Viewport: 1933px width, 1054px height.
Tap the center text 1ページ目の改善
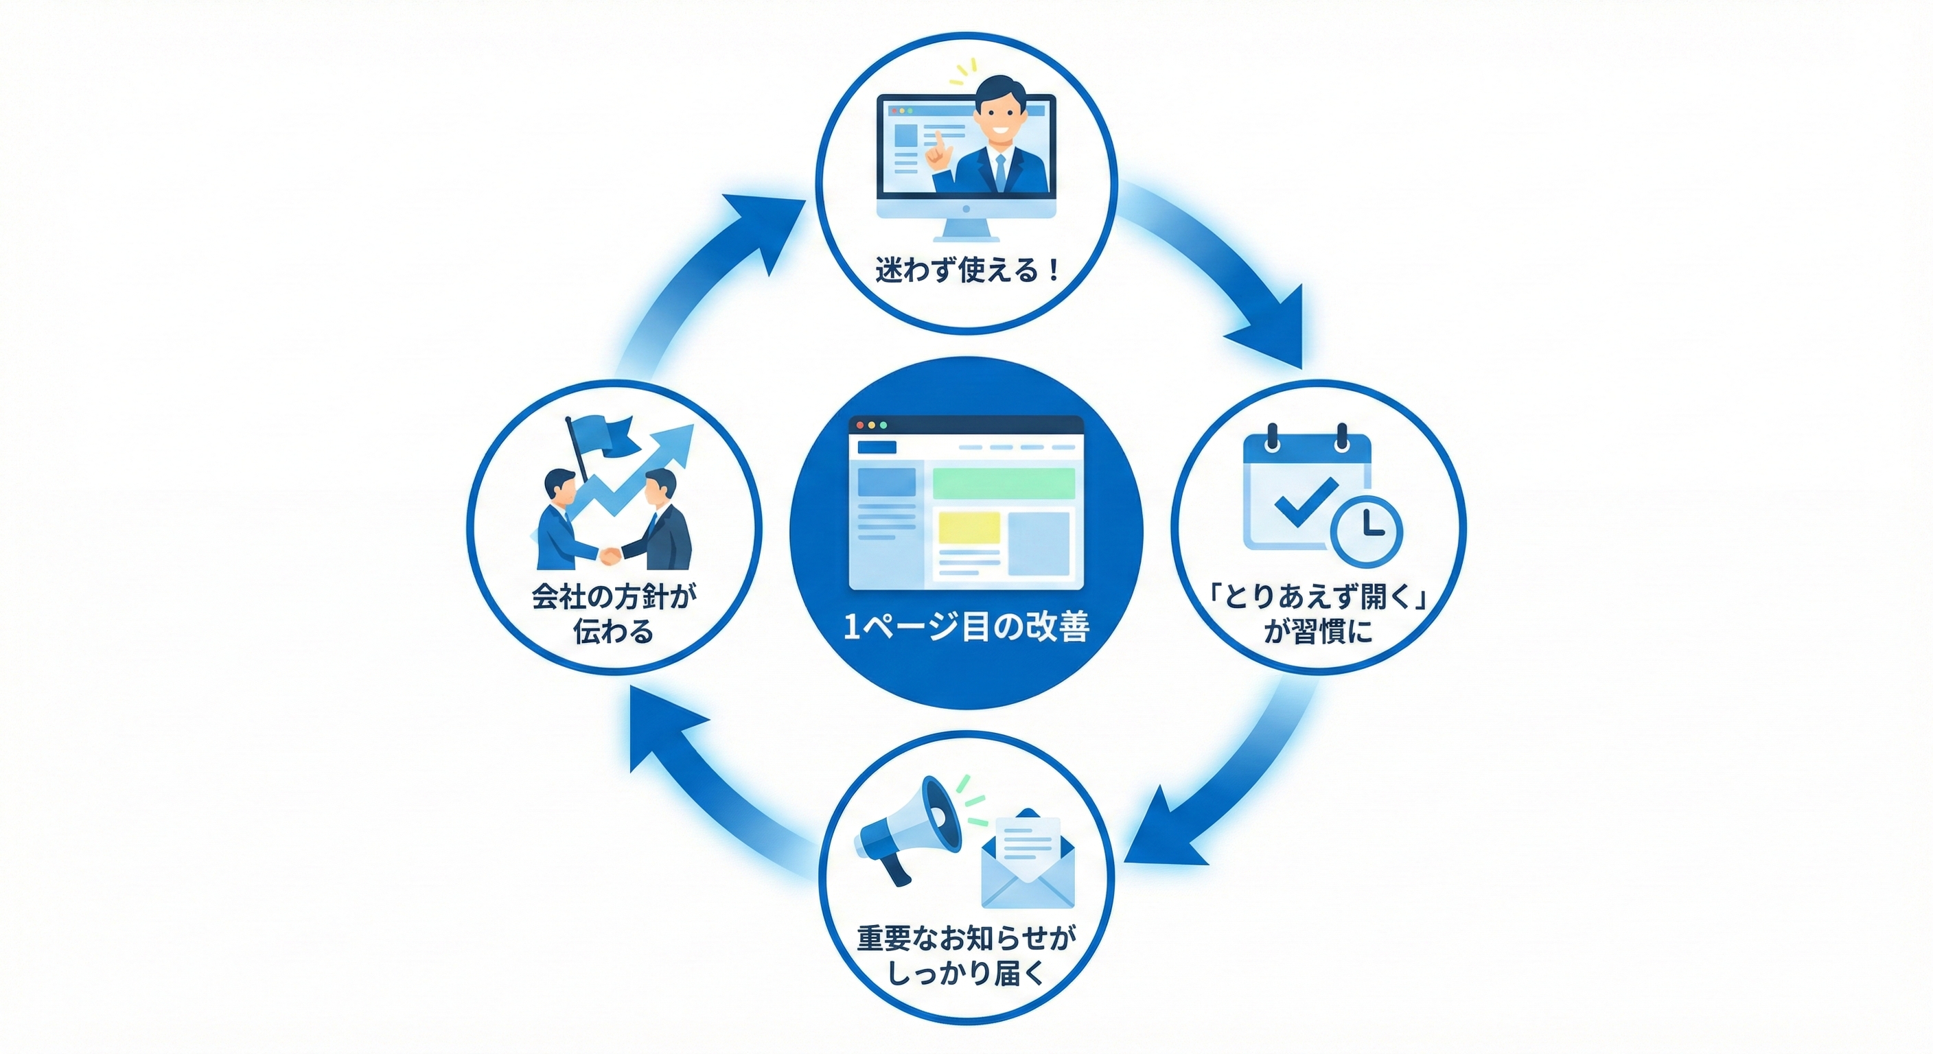click(x=966, y=627)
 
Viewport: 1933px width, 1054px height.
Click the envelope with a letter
click(x=1028, y=863)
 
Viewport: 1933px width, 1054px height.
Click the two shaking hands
click(x=610, y=556)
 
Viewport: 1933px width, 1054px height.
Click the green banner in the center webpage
click(x=1004, y=483)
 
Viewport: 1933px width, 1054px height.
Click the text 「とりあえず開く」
click(x=1319, y=597)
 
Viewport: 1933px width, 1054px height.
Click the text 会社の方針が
click(x=614, y=597)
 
